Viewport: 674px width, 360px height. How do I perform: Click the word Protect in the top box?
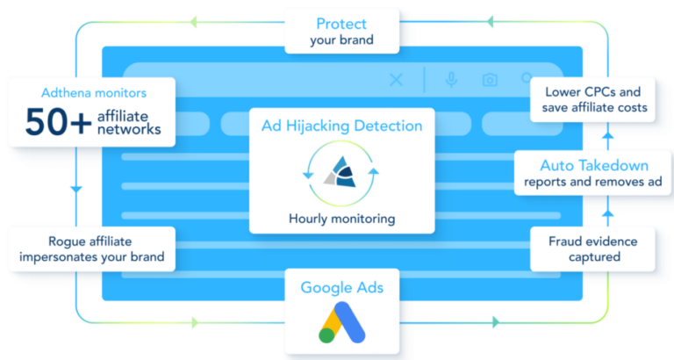tap(342, 23)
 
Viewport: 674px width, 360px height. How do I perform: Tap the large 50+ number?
tap(57, 122)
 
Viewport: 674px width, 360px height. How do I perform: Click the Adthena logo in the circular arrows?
tap(342, 173)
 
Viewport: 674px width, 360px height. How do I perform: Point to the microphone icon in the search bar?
tap(451, 80)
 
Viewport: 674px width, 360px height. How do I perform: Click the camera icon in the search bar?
tap(490, 80)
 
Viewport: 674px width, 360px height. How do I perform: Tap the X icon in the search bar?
tap(396, 80)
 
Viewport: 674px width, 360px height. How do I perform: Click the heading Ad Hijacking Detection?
tap(342, 126)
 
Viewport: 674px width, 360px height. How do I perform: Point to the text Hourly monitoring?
tap(342, 219)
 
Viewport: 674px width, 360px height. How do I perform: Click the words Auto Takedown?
tap(594, 165)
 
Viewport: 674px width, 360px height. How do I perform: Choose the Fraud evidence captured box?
tap(592, 248)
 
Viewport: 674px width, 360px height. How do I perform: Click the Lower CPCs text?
tap(592, 90)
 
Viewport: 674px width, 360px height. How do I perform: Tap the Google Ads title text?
tap(342, 288)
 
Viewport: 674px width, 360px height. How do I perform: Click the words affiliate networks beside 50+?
tap(129, 122)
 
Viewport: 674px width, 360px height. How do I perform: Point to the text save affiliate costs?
tap(592, 107)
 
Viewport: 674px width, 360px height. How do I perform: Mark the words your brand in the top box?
tap(342, 40)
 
